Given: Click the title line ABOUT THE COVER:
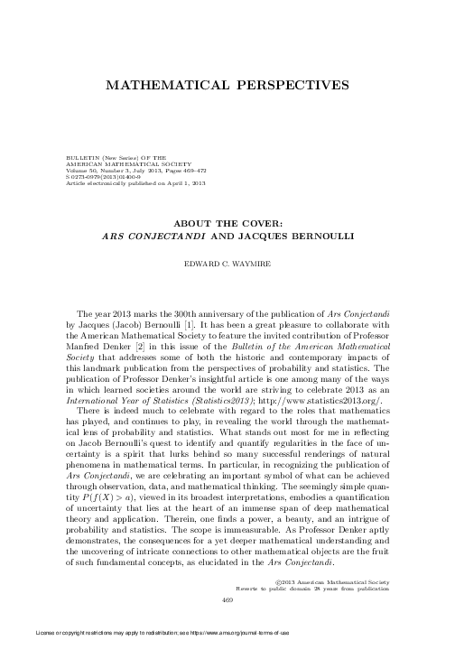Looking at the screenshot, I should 227,223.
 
